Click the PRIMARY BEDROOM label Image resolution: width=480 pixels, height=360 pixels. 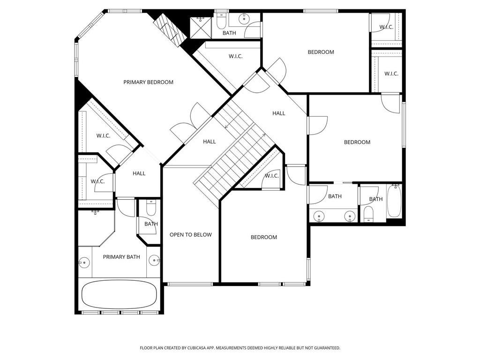tap(148, 82)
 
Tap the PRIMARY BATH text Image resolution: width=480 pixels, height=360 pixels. tap(121, 257)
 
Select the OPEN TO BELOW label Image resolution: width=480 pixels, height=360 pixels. tap(191, 235)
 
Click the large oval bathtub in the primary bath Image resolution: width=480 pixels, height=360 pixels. tap(119, 294)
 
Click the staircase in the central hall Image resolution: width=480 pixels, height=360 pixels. tap(234, 150)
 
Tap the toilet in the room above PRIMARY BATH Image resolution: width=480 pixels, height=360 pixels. tap(150, 209)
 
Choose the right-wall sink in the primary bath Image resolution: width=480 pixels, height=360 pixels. tap(155, 261)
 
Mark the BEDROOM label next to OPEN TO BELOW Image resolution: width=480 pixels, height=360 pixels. tap(264, 237)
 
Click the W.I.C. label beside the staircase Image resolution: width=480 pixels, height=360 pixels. tap(272, 176)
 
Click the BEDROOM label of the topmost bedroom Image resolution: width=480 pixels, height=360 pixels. tap(321, 52)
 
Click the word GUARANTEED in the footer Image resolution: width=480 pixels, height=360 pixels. tap(325, 348)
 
